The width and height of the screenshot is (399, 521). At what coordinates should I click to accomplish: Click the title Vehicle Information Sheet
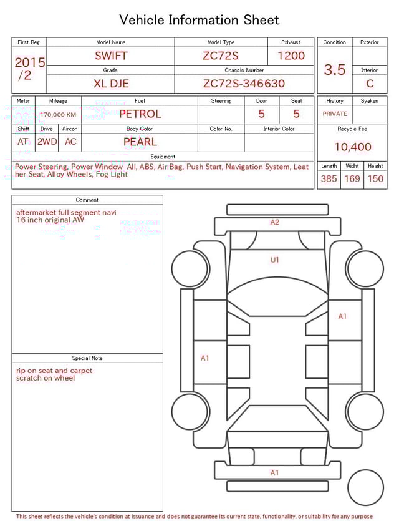[x=199, y=20]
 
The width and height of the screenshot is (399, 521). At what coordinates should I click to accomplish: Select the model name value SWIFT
[x=111, y=56]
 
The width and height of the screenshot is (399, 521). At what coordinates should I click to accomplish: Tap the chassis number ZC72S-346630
[x=244, y=84]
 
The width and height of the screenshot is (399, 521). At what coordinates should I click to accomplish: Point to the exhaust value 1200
[x=291, y=56]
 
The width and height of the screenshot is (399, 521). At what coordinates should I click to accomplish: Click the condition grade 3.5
[x=335, y=70]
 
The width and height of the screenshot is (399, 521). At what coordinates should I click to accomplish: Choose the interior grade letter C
[x=370, y=84]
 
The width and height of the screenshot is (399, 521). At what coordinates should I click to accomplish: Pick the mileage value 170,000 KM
[x=58, y=115]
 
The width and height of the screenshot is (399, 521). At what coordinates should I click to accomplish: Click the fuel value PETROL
[x=140, y=114]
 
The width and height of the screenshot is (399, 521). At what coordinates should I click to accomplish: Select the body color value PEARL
[x=140, y=142]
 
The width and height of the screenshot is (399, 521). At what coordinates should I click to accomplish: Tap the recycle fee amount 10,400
[x=353, y=147]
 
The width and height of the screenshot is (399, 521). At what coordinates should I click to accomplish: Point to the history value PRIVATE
[x=335, y=114]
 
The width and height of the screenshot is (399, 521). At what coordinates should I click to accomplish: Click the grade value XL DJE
[x=111, y=84]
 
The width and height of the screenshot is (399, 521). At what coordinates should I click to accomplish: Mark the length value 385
[x=329, y=179]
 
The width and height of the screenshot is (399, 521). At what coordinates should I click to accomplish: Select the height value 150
[x=375, y=179]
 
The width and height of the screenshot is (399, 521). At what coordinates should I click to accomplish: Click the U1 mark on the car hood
[x=274, y=260]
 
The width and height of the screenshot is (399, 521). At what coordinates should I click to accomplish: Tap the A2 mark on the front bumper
[x=275, y=222]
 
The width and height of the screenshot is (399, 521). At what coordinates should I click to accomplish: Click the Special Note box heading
[x=87, y=358]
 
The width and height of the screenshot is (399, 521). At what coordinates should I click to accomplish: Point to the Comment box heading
[x=87, y=200]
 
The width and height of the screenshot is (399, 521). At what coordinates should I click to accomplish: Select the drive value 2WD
[x=47, y=142]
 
